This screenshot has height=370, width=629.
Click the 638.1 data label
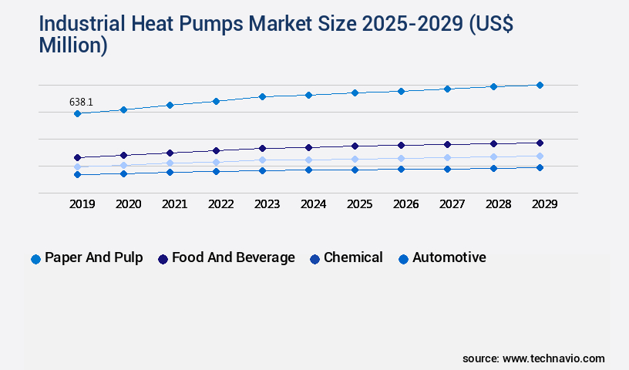[x=82, y=102]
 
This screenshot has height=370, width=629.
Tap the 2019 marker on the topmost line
[x=77, y=114]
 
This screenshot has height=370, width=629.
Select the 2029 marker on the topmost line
[x=540, y=85]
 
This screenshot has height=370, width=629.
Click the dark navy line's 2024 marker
[x=308, y=147]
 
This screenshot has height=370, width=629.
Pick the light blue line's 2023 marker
[x=262, y=160]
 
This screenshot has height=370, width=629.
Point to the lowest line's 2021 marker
[x=170, y=172]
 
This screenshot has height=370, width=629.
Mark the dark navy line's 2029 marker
[x=540, y=143]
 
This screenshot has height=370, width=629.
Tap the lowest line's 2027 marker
[x=447, y=169]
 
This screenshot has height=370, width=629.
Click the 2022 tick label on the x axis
[x=220, y=204]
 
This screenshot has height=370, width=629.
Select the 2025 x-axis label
[x=359, y=204]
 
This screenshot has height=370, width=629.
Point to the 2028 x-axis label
[x=498, y=204]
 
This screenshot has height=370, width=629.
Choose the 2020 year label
[x=128, y=204]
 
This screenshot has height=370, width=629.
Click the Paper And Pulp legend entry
[x=93, y=257]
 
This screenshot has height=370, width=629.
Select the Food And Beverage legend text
[x=233, y=257]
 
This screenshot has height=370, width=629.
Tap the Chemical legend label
[x=353, y=257]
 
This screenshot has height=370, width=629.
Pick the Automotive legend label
[x=449, y=257]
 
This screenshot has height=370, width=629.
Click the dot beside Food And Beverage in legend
[x=163, y=259]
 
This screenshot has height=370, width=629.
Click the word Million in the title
[x=72, y=45]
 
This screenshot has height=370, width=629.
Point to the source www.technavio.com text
[x=533, y=358]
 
